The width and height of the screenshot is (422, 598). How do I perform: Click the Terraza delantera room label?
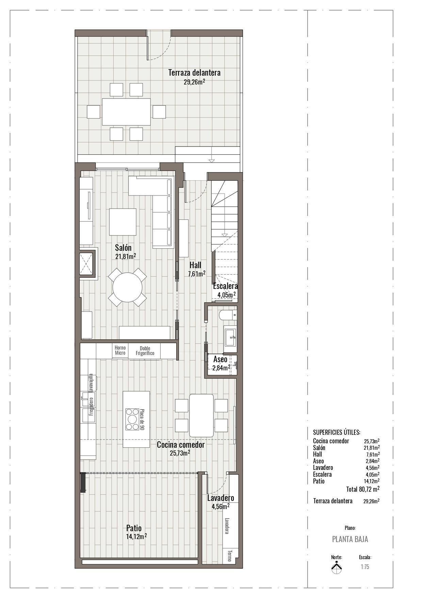[194, 73]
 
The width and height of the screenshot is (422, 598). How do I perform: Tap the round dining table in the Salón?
[127, 287]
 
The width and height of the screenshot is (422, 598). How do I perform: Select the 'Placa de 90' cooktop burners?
[132, 419]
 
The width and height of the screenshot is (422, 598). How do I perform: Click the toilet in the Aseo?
[227, 315]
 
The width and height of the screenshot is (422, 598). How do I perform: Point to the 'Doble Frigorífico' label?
[145, 351]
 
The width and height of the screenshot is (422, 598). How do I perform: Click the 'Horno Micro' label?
[120, 350]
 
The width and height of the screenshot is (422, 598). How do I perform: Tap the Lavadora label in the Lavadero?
[227, 526]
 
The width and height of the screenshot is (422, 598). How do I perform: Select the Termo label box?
[229, 556]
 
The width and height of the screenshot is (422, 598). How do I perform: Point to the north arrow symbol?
[337, 568]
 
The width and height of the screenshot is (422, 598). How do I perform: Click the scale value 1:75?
[365, 567]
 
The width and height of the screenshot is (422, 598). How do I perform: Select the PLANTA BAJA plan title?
[350, 539]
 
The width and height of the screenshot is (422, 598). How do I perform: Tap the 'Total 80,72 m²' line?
[363, 489]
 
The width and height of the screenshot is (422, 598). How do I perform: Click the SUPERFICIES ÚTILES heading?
[336, 432]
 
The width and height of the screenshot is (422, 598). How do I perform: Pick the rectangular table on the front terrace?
[126, 112]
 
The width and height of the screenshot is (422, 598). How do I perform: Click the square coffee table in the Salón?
[123, 222]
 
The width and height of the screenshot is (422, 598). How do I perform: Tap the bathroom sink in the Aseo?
[230, 337]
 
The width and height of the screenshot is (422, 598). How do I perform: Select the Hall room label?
[195, 265]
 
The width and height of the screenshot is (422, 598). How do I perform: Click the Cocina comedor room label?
[181, 445]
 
